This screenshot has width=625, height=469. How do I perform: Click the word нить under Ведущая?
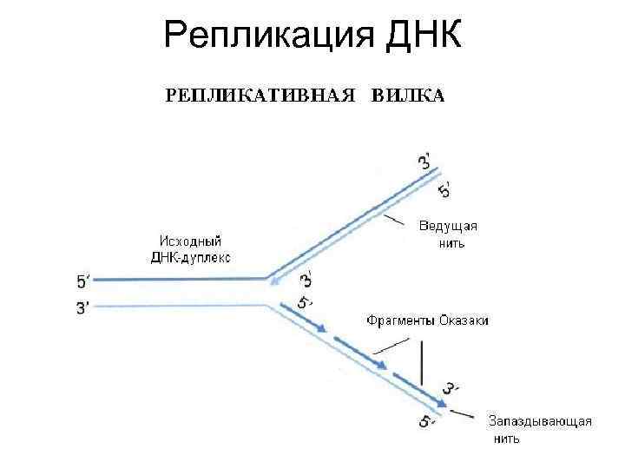coord(451,243)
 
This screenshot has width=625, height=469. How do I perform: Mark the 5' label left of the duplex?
coord(83,281)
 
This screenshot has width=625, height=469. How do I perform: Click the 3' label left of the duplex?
coord(83,307)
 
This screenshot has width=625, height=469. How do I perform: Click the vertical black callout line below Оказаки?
coord(421,363)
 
